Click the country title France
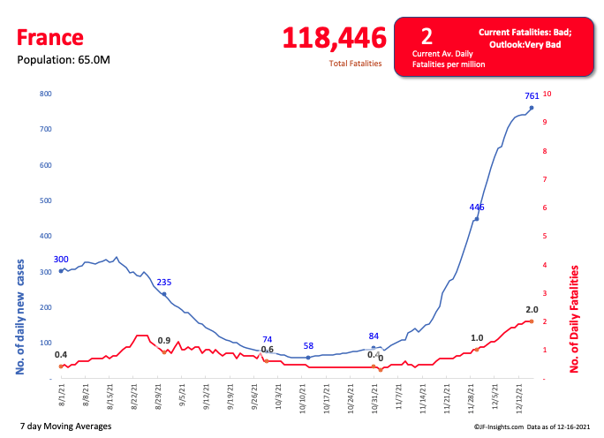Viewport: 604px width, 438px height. point(49,37)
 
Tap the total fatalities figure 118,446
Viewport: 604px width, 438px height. point(334,38)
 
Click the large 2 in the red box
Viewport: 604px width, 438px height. point(427,36)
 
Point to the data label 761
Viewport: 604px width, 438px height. point(532,96)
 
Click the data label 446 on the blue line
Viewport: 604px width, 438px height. point(477,208)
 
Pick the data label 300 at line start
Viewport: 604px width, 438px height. point(61,260)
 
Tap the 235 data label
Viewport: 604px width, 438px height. point(164,283)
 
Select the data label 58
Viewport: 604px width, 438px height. point(308,346)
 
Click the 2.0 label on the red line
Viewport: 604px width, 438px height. point(532,310)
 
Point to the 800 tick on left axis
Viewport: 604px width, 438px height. point(46,94)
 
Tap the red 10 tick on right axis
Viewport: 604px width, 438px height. point(547,94)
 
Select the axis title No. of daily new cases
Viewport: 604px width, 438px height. point(19,316)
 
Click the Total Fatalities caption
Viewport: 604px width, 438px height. point(356,64)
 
